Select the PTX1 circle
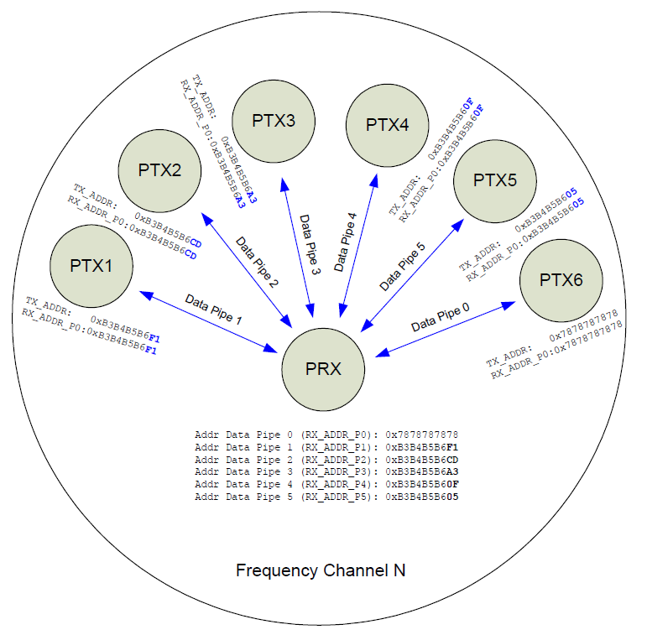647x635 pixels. click(x=91, y=266)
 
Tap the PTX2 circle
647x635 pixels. click(x=159, y=170)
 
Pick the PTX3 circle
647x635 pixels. click(x=273, y=121)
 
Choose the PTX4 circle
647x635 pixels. click(x=387, y=125)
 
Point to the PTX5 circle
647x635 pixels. click(x=496, y=180)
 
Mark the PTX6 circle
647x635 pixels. click(x=561, y=280)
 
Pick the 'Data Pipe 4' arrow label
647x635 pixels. click(x=347, y=242)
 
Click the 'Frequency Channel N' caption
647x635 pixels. click(x=321, y=570)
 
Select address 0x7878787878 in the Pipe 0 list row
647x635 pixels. click(x=421, y=435)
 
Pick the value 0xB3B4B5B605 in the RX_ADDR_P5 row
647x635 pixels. click(x=421, y=497)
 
